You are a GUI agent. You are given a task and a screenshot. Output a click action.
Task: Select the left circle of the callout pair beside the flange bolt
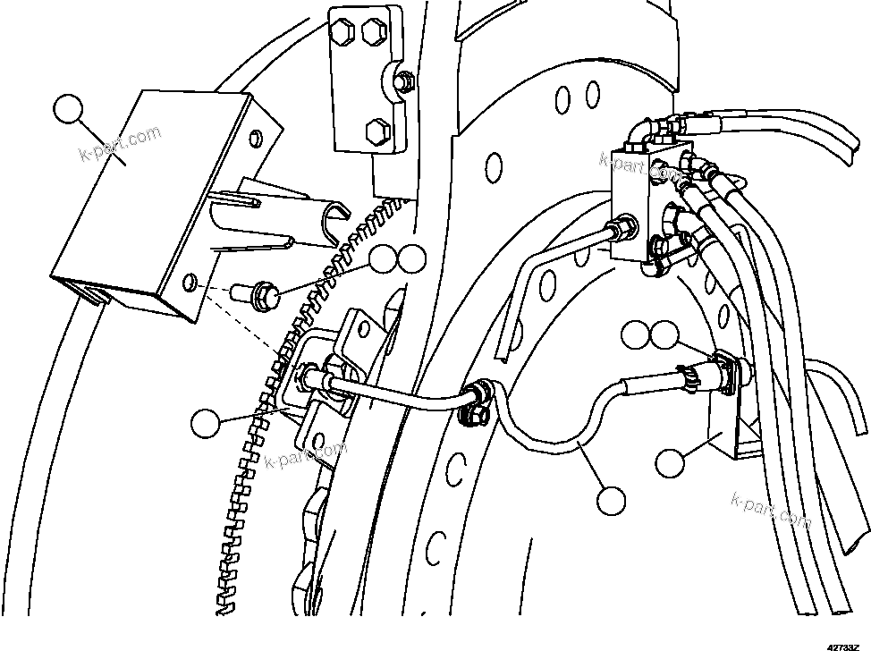[x=385, y=260]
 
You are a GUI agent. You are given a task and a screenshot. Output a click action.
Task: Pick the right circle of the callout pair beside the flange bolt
[x=411, y=260]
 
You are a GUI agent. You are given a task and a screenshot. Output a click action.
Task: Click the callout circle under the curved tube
[x=613, y=500]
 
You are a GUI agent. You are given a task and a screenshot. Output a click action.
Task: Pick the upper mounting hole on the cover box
[x=257, y=137]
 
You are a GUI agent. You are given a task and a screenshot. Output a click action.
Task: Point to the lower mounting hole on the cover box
[x=191, y=283]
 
